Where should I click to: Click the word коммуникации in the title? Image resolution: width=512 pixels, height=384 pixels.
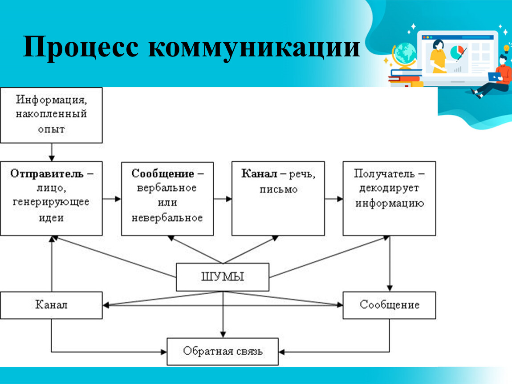click(254, 47)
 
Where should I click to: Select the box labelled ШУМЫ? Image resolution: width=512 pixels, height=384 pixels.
click(223, 277)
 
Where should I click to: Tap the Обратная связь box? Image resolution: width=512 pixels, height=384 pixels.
click(223, 352)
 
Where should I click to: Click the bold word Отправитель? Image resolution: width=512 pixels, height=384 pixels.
click(47, 173)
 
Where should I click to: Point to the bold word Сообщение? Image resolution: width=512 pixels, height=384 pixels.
click(163, 173)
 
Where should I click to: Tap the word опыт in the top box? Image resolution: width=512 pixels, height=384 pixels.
click(51, 129)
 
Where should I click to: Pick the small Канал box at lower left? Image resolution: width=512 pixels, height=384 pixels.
click(51, 305)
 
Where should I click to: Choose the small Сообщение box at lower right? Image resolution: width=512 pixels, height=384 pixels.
click(390, 305)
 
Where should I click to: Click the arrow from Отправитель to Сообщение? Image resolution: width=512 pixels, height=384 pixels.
click(112, 199)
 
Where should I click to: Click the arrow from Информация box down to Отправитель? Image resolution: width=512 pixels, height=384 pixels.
click(52, 152)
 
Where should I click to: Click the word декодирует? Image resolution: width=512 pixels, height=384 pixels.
click(390, 188)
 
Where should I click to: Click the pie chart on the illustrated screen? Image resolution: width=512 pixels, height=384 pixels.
click(457, 52)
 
